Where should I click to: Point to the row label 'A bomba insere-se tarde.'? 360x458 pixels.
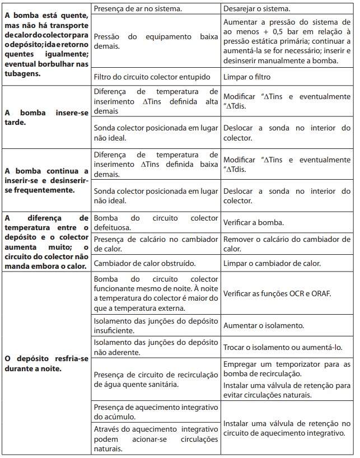point(46,118)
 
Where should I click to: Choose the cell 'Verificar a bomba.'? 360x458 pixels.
point(254,222)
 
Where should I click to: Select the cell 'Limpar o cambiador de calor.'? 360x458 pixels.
point(272,263)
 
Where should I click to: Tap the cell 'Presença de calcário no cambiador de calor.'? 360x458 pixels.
point(155,244)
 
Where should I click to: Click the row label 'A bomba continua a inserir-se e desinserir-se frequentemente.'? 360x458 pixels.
point(46,180)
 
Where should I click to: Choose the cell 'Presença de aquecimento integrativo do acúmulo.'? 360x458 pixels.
point(155,412)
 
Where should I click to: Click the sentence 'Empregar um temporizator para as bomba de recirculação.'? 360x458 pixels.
point(287,369)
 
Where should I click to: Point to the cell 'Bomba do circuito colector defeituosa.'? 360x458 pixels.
point(155,222)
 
